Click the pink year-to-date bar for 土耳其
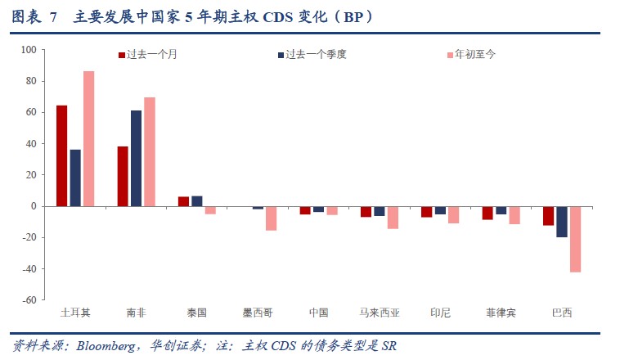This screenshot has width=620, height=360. (88, 138)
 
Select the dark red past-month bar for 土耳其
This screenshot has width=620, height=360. (61, 155)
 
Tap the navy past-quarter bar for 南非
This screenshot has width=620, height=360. (136, 158)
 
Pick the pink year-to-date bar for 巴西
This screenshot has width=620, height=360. (576, 239)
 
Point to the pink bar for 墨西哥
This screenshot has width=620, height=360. (271, 218)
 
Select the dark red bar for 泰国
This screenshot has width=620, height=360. (184, 201)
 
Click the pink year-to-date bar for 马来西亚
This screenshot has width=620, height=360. (393, 217)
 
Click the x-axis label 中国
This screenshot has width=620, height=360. (319, 313)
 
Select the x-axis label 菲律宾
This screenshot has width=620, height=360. (501, 313)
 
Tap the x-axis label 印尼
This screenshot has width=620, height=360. (440, 313)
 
